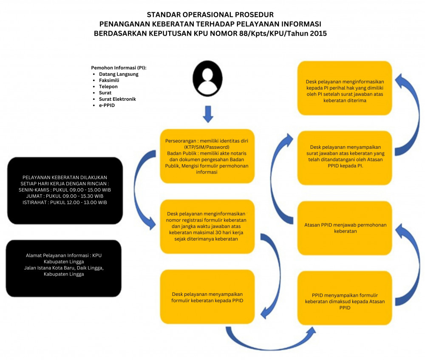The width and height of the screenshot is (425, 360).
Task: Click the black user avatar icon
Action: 207,79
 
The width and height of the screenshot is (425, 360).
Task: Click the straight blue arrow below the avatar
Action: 207,114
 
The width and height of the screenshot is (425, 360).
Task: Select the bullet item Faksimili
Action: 109,80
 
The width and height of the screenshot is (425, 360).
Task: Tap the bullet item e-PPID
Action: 107,105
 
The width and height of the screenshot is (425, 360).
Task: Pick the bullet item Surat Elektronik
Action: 117,99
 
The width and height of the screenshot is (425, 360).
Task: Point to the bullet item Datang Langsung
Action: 119,74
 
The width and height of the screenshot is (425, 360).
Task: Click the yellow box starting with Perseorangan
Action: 207,156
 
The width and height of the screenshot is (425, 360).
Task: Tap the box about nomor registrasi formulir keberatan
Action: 207,227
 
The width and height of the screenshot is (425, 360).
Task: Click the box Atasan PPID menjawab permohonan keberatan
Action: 345,228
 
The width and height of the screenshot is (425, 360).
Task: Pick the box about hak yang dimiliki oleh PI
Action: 345,88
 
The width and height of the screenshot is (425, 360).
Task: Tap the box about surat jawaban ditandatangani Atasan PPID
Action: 345,158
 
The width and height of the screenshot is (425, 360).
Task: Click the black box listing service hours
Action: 65,190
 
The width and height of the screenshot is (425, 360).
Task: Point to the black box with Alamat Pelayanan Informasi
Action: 64,268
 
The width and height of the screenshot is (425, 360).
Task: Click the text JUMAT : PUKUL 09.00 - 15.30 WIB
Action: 65,196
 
